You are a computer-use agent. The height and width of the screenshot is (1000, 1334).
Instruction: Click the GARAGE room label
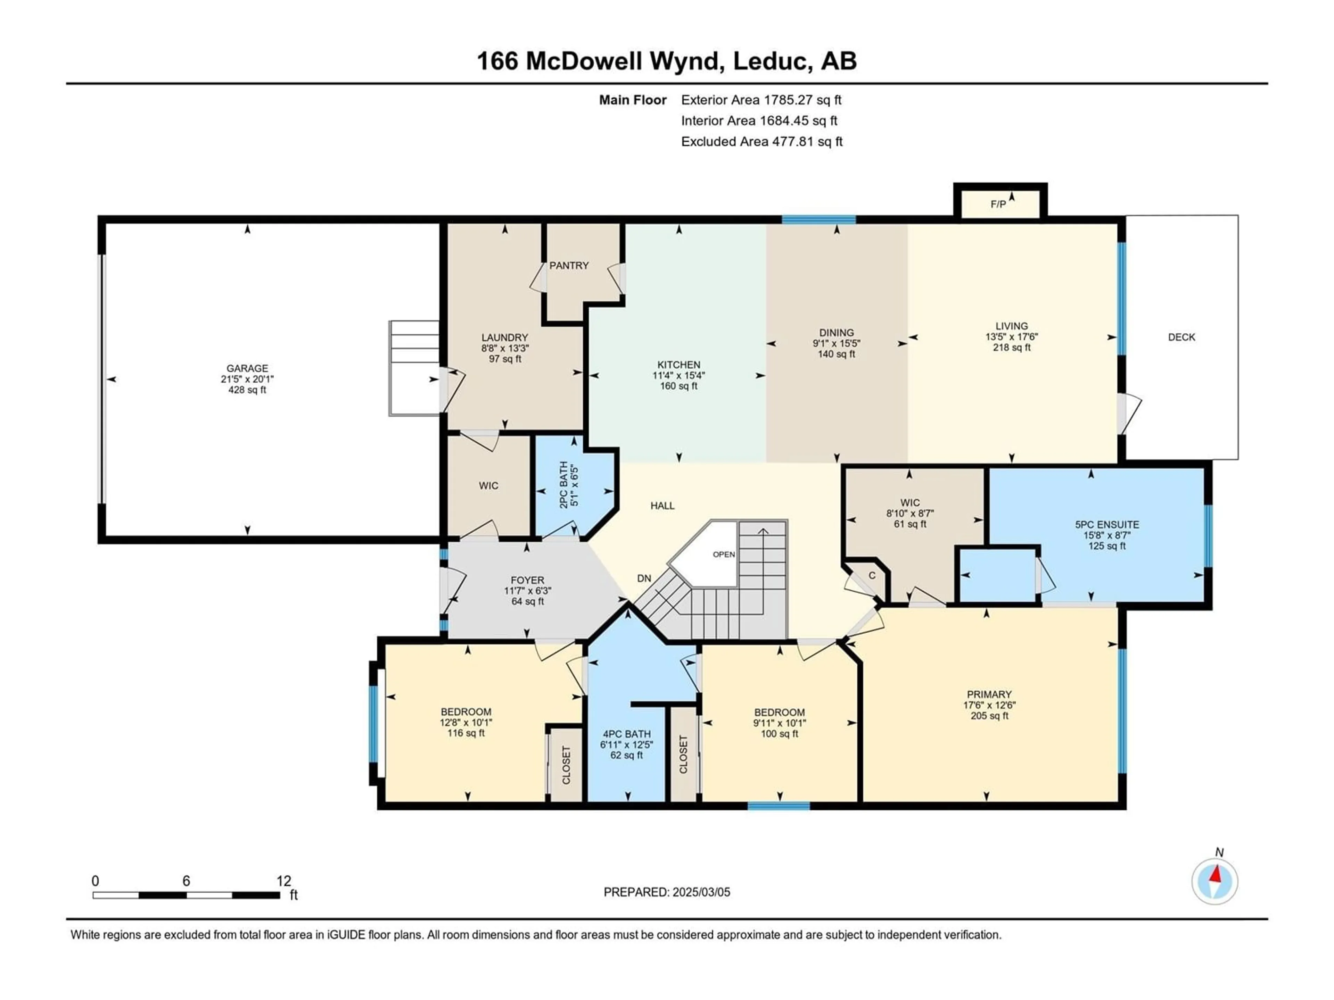[x=247, y=368]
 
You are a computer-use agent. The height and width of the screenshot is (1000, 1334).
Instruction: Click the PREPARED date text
[x=667, y=892]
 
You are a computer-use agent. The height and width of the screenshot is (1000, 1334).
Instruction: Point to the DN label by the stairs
[x=644, y=578]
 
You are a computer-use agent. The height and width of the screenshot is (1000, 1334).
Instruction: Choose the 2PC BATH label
[x=563, y=485]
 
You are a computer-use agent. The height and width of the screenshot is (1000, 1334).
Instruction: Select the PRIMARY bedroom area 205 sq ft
[x=989, y=716]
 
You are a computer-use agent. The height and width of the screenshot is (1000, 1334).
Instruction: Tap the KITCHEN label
[x=679, y=365]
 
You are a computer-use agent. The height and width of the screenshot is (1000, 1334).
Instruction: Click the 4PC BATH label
[x=627, y=734]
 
